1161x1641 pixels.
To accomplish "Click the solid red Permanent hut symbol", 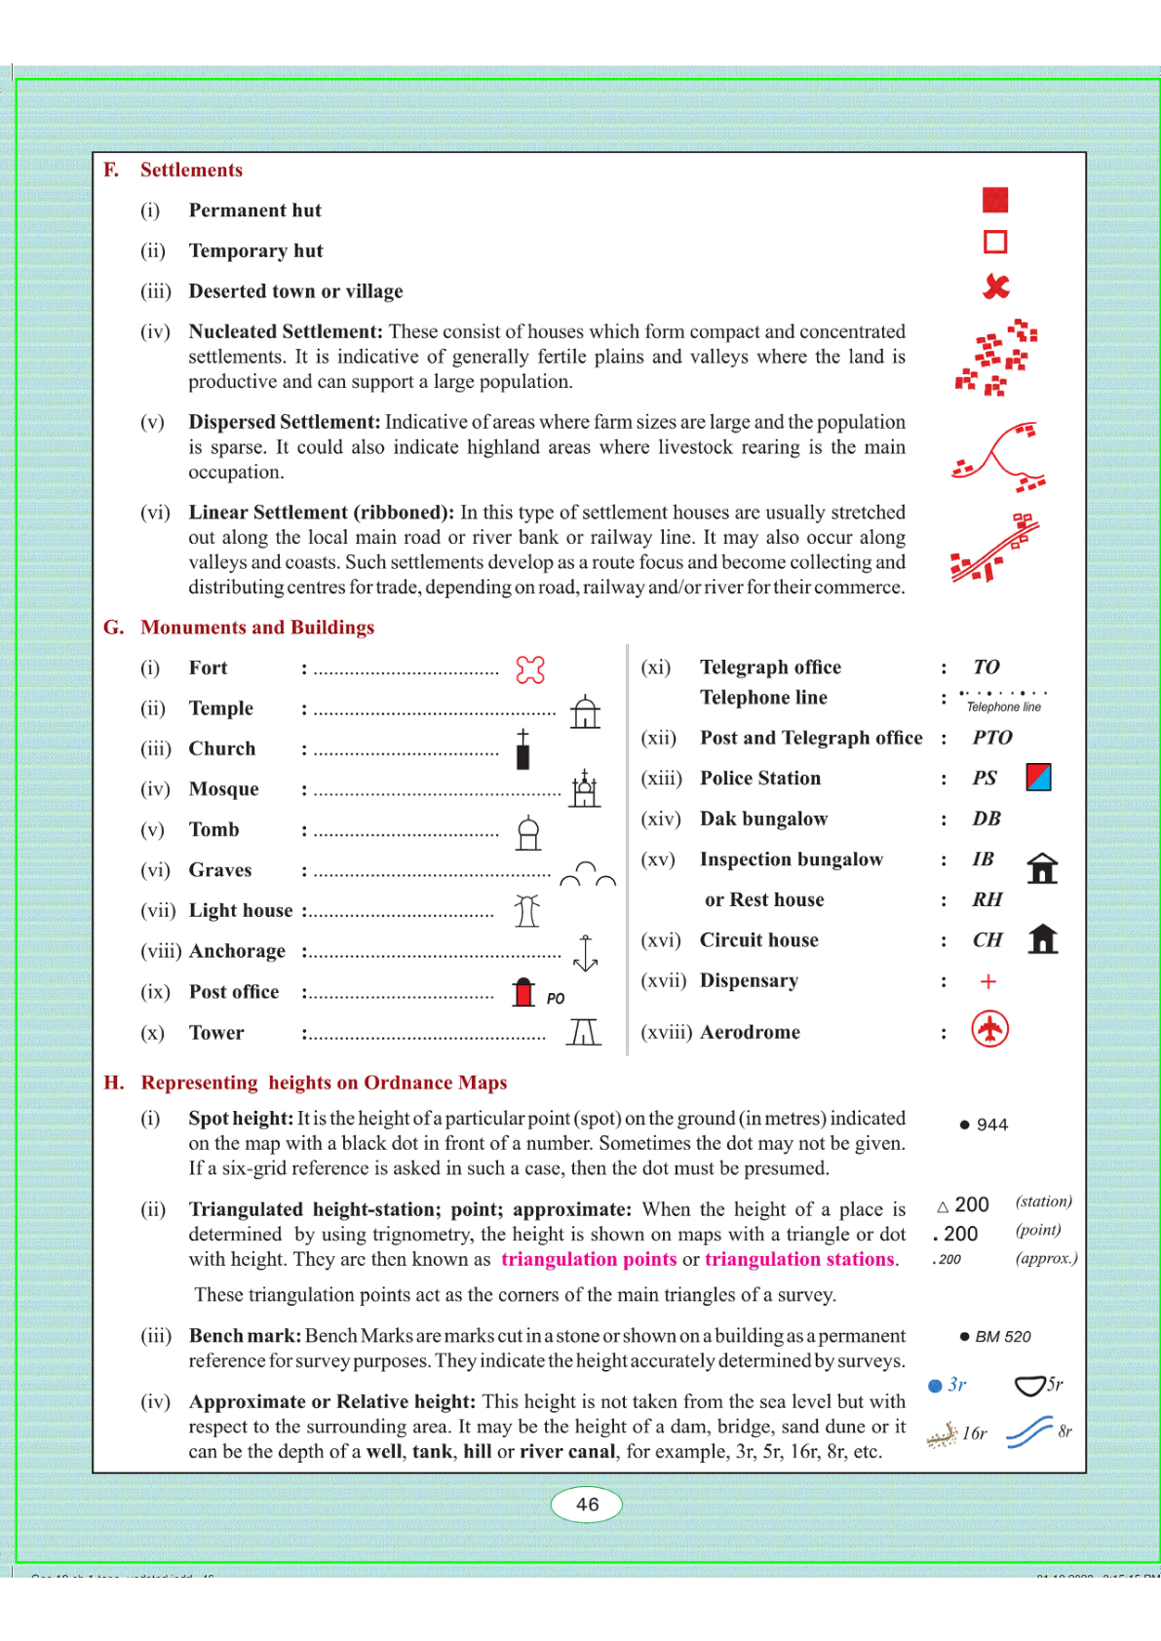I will pos(994,200).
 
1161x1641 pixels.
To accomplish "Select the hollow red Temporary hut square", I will pos(994,242).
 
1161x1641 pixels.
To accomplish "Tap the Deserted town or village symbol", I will pos(995,286).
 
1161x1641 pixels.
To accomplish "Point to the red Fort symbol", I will pos(530,669).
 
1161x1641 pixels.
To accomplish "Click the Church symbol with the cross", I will pos(523,749).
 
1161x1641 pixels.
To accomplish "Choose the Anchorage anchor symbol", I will pos(585,953).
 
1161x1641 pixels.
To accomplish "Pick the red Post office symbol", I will pos(524,992).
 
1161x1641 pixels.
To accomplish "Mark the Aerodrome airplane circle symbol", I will pos(989,1029).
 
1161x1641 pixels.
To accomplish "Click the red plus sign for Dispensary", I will pos(987,981).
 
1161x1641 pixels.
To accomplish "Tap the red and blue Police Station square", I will pos(1038,778).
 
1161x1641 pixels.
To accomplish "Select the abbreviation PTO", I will pos(992,738).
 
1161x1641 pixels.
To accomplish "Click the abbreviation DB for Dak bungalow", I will pos(987,819).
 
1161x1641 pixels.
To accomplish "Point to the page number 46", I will pos(587,1504).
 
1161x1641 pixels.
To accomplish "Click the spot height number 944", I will pos(991,1125).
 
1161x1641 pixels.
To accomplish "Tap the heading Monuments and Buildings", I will pos(257,628).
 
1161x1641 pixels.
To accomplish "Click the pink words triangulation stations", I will pos(799,1259).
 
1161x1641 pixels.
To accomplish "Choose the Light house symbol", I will pos(527,911).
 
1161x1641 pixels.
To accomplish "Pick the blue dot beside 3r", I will pos(935,1386).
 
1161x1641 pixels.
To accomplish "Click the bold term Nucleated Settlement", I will pos(285,331).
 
